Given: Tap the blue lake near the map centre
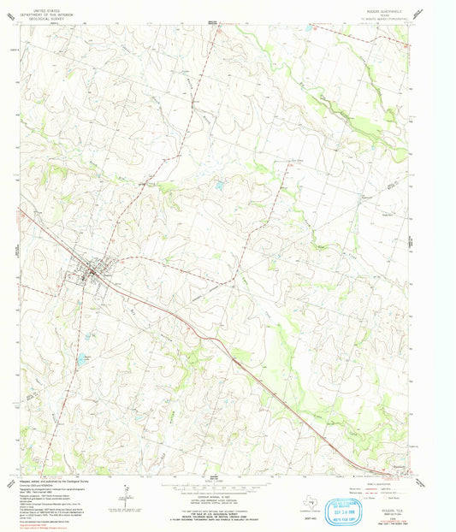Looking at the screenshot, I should pyautogui.click(x=220, y=184).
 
